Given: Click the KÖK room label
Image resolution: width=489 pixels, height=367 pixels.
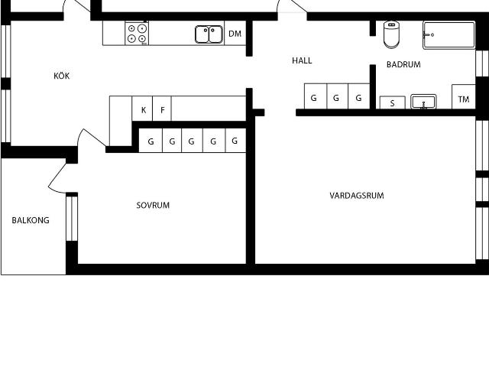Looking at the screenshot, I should [x=62, y=76].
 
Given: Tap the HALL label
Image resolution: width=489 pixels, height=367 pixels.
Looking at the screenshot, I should [x=302, y=60].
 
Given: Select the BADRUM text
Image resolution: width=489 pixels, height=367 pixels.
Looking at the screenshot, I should [x=403, y=65].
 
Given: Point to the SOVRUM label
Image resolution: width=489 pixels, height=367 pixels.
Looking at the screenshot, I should [x=153, y=205].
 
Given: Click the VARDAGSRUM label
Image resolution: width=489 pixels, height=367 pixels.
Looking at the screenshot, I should [x=357, y=196].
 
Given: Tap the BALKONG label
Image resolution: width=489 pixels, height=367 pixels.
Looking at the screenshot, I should [x=31, y=220].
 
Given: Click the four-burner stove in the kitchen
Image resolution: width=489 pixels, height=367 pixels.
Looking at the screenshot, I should [x=138, y=34].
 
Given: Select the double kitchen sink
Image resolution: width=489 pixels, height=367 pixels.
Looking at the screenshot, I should [x=209, y=34].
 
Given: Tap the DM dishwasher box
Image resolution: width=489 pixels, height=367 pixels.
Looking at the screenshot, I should [x=235, y=34].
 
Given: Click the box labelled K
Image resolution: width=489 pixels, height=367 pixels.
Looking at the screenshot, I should [x=143, y=110].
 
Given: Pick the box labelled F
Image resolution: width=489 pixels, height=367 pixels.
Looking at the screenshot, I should [x=162, y=110].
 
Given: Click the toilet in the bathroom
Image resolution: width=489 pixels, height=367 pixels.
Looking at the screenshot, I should [x=391, y=34].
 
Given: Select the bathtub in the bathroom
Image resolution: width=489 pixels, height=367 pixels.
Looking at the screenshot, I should [x=449, y=35].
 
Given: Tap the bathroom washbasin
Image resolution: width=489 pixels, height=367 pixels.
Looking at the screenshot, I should [x=423, y=102].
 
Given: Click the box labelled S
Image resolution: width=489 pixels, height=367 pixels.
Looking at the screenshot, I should [x=392, y=103].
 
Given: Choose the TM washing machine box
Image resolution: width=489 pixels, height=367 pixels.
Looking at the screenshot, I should [x=463, y=99].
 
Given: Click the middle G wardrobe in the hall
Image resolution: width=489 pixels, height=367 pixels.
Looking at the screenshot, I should [x=336, y=98].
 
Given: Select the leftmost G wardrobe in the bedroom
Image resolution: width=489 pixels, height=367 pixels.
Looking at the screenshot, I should [x=151, y=141].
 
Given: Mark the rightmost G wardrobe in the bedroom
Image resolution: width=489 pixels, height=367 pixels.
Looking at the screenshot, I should [x=235, y=141].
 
